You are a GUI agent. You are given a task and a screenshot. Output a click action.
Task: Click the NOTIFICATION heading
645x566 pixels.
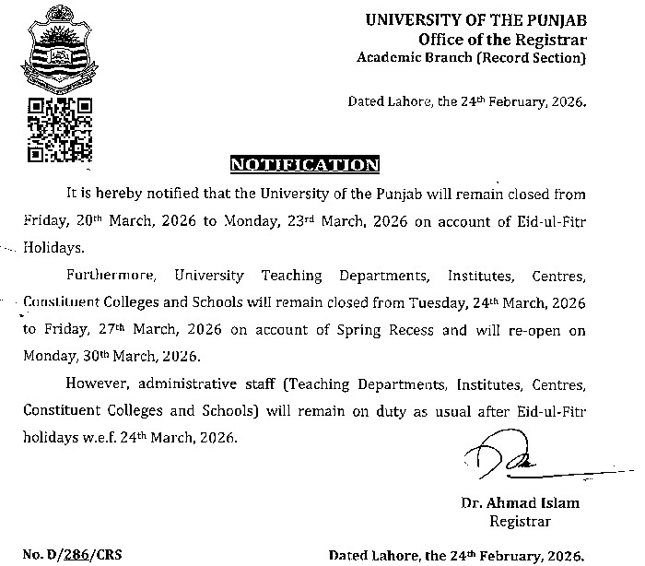[304, 165]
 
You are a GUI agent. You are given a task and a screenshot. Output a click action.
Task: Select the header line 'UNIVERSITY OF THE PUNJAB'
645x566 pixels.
[475, 19]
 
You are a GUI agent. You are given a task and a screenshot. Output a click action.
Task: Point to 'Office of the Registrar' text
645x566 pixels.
[501, 39]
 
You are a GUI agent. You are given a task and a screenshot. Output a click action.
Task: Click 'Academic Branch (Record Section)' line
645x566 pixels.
[471, 58]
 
